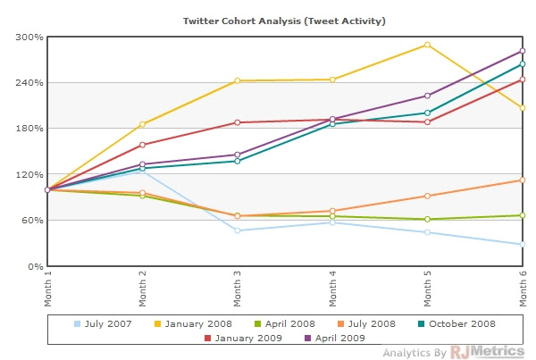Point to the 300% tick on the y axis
30,38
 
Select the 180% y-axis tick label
30,129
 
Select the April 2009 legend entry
339,338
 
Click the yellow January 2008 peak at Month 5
428,45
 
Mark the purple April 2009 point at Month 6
523,51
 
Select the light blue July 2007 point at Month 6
523,245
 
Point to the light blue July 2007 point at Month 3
238,230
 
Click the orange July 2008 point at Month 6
523,180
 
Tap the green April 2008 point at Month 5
428,219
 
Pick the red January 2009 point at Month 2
143,145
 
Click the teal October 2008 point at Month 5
428,113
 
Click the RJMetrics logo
487,352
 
